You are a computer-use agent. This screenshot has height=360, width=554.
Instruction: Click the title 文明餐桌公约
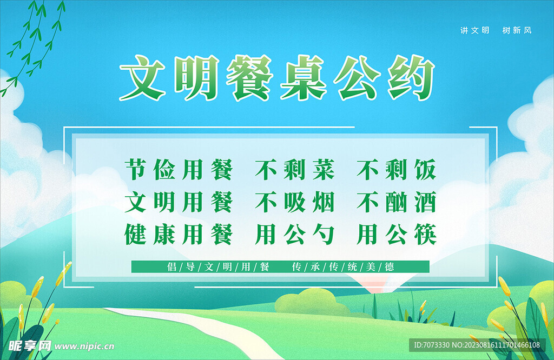click(x=277, y=80)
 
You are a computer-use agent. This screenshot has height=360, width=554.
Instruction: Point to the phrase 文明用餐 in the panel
click(x=178, y=203)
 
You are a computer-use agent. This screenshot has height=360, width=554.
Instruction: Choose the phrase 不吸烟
click(x=295, y=203)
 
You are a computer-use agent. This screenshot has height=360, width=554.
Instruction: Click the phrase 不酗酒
click(x=397, y=203)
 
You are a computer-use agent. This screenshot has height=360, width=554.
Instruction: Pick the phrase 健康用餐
click(x=178, y=235)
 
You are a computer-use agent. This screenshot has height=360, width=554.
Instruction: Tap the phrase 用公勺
click(x=295, y=235)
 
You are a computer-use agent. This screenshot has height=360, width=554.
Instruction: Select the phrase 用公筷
click(x=397, y=235)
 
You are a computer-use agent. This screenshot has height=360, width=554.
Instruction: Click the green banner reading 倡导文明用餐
click(x=280, y=266)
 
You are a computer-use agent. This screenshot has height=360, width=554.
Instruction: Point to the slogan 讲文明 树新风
click(x=496, y=30)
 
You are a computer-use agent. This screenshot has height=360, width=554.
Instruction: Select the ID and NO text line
click(x=476, y=345)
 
